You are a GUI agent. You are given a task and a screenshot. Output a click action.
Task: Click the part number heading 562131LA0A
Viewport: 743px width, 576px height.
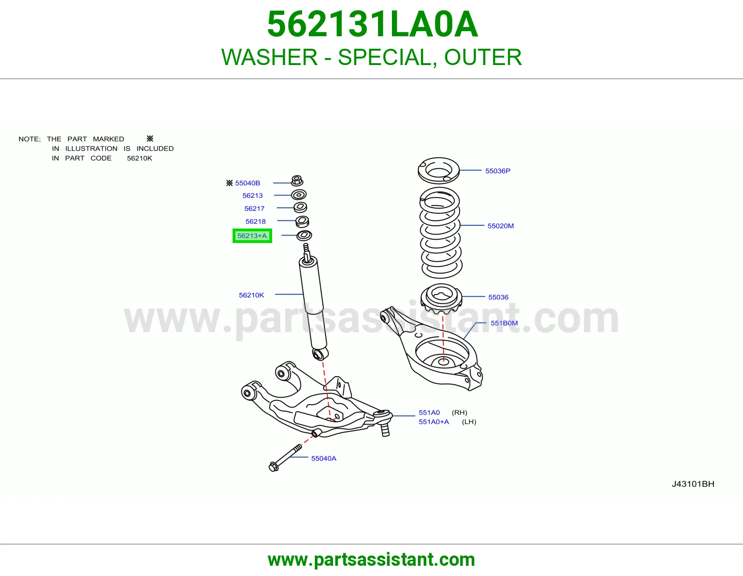pos(372,24)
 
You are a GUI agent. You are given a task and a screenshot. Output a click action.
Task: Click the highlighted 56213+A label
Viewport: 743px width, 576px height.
pos(252,236)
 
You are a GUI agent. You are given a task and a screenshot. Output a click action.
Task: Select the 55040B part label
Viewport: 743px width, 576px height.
pos(248,183)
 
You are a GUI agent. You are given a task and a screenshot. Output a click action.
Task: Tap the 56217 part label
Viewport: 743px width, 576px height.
pos(254,208)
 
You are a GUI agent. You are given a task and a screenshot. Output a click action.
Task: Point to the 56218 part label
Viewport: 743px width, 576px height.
pos(255,221)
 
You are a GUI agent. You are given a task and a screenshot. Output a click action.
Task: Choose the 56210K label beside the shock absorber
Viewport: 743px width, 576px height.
pos(251,295)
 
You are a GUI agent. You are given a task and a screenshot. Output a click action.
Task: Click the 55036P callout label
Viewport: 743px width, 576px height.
pos(497,170)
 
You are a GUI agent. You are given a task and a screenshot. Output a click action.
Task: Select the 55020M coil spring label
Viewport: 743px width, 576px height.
pos(501,226)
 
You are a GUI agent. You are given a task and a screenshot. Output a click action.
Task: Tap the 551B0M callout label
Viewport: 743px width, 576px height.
pos(504,323)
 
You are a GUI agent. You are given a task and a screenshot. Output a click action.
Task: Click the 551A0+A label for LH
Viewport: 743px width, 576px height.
pos(434,422)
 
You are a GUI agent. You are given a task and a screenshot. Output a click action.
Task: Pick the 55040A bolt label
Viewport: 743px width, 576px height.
pos(324,458)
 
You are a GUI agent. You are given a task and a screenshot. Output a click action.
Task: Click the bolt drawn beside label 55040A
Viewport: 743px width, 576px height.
pos(285,458)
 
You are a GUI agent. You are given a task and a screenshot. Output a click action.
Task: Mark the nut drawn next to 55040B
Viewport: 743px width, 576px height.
pos(297,181)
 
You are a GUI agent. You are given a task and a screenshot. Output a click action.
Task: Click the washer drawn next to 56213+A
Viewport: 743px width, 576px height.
pos(304,236)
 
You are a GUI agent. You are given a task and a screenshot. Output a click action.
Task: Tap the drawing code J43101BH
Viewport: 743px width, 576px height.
pos(693,484)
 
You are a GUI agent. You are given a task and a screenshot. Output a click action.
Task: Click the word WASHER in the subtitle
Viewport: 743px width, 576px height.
pos(269,57)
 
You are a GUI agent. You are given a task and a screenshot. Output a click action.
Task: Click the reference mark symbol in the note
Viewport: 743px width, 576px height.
pos(150,138)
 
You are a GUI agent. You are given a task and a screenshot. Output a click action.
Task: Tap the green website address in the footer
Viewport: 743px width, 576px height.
pos(371,560)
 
